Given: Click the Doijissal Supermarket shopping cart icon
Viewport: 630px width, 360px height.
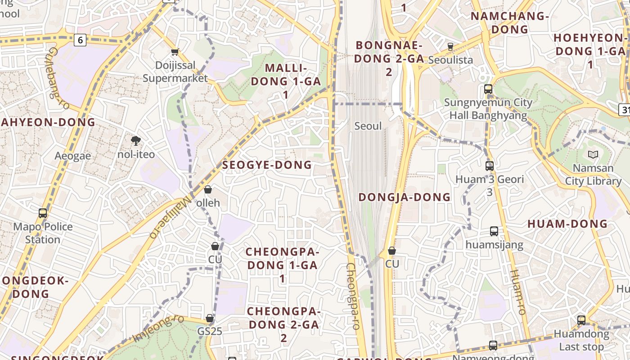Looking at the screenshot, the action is click(175, 52).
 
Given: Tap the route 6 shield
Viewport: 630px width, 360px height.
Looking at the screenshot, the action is click(80, 40).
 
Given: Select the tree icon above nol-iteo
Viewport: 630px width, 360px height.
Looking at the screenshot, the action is click(135, 141).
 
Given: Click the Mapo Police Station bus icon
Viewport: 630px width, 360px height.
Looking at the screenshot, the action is click(43, 213).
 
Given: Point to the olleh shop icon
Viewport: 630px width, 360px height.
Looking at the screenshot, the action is click(208, 190).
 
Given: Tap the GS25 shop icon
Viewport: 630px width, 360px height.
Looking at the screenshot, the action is click(210, 319).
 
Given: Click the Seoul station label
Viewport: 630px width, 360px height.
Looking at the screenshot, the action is click(368, 126).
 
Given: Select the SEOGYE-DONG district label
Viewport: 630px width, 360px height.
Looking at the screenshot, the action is click(267, 165).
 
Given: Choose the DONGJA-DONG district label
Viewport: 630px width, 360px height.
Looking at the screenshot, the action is click(405, 197).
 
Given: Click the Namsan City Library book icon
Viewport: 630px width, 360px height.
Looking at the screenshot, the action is click(593, 155).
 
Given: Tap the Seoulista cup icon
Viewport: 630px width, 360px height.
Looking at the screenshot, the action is click(450, 46).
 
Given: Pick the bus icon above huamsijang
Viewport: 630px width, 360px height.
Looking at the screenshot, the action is click(494, 231).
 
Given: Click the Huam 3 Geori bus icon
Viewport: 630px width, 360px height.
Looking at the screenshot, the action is click(490, 166).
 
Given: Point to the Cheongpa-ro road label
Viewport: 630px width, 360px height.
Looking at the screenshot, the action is click(354, 297).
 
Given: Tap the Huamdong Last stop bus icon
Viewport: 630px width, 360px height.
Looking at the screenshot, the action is click(581, 320).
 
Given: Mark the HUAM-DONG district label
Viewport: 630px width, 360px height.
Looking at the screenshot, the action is click(567, 224).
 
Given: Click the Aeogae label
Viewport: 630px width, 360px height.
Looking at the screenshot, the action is click(73, 156).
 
